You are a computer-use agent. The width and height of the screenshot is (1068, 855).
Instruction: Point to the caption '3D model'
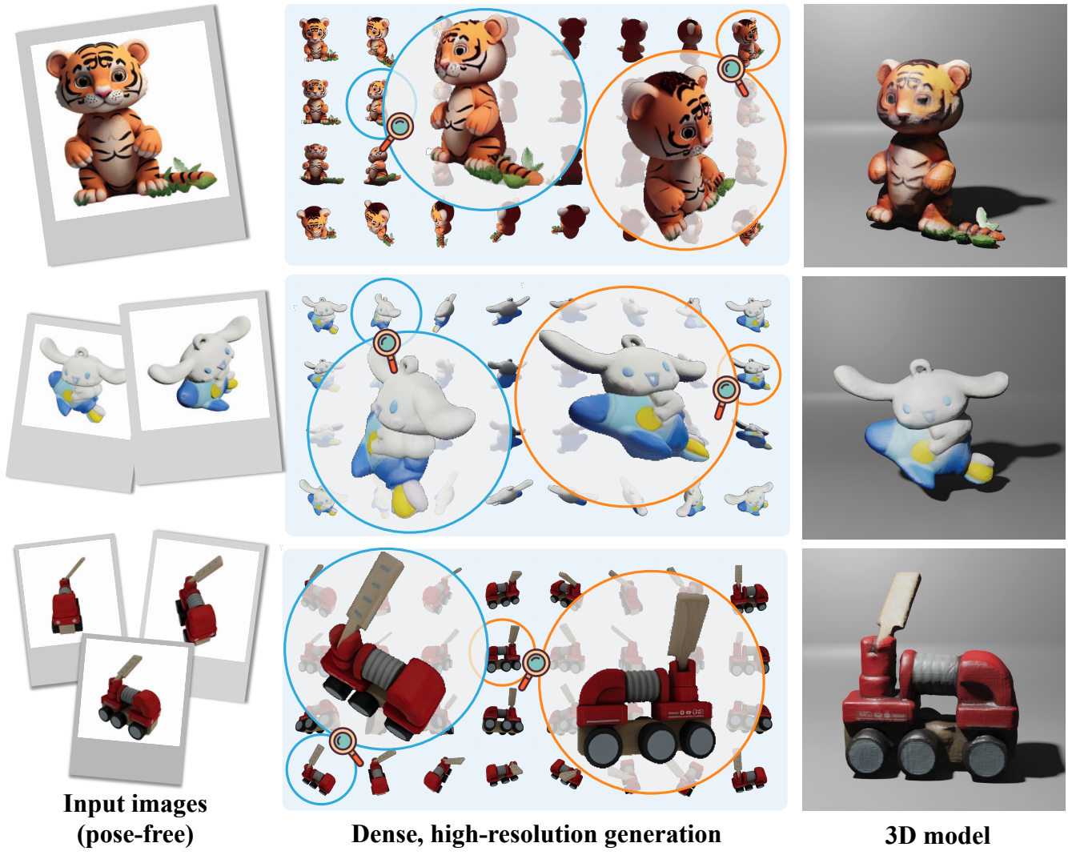pyautogui.click(x=937, y=836)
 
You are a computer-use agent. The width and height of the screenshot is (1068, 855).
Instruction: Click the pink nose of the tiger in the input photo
pyautogui.click(x=105, y=92)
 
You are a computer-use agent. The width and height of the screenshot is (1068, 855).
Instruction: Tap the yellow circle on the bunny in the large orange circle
pyautogui.click(x=648, y=418)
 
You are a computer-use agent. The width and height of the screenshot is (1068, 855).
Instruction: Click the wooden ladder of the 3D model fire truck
pyautogui.click(x=898, y=605)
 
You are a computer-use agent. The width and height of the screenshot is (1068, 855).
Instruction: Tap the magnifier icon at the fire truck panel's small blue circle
pyautogui.click(x=346, y=745)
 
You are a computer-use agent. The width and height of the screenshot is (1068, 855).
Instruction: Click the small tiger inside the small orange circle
pyautogui.click(x=746, y=41)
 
